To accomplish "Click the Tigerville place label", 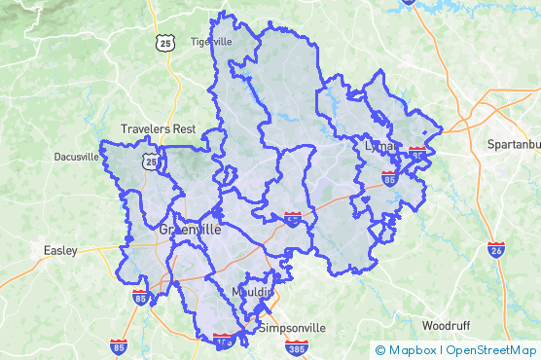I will tap(211, 41).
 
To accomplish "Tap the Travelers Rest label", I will tap(158, 128).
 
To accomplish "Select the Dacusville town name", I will tap(77, 156).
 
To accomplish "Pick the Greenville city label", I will tap(189, 231).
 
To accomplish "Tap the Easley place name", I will tap(60, 250).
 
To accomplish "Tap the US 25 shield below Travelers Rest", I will tap(150, 162).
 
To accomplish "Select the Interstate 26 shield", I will tap(496, 250).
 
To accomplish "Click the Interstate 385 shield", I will tap(298, 346).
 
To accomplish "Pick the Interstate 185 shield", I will tap(224, 341).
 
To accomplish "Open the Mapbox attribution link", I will tap(414, 349).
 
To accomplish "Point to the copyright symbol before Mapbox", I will tap(380, 349).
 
